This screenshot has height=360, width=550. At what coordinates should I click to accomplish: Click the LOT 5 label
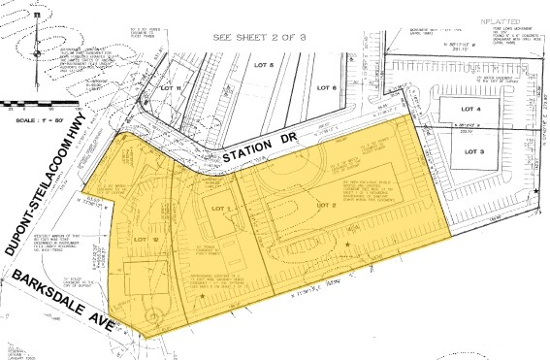click(x=264, y=65)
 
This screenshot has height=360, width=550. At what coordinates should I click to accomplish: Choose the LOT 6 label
click(x=326, y=89)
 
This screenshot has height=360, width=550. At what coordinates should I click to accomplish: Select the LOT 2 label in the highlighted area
click(x=325, y=206)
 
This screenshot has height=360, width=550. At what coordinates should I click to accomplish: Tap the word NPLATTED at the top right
click(x=494, y=20)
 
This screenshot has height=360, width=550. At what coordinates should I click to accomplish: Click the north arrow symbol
click(x=35, y=39)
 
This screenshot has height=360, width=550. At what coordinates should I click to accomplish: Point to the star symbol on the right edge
click(x=536, y=192)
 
